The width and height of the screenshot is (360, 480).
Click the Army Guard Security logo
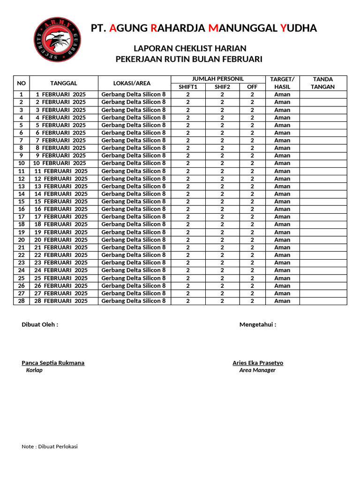pos(57,39)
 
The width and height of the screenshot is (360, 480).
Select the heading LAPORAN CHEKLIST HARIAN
pos(190,49)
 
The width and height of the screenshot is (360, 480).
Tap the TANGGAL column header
pos(64,83)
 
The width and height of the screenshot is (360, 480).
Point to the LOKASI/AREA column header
pos(134,83)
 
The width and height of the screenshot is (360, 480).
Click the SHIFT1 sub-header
pos(188,87)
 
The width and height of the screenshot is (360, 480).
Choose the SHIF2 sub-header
pos(222,87)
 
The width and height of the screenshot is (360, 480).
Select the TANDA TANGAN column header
pos(323,83)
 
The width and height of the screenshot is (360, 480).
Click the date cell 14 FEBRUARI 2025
pos(60,194)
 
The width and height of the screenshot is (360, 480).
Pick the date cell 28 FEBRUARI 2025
pos(60,301)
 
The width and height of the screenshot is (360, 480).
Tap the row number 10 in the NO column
pos(21,163)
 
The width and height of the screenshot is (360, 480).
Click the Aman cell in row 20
pos(282,240)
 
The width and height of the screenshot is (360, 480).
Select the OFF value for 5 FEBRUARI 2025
pos(252,125)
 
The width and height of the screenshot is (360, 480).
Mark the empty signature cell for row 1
pos(323,94)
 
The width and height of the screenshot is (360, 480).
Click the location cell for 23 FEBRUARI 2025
pos(134,262)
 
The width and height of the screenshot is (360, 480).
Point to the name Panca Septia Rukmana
pos(53,363)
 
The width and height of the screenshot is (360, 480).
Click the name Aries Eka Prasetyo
pos(258,363)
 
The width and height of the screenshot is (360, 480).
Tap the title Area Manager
pos(257,370)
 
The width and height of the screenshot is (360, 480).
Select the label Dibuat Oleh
pos(40,324)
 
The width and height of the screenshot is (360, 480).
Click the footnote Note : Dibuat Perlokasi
pos(50,446)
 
